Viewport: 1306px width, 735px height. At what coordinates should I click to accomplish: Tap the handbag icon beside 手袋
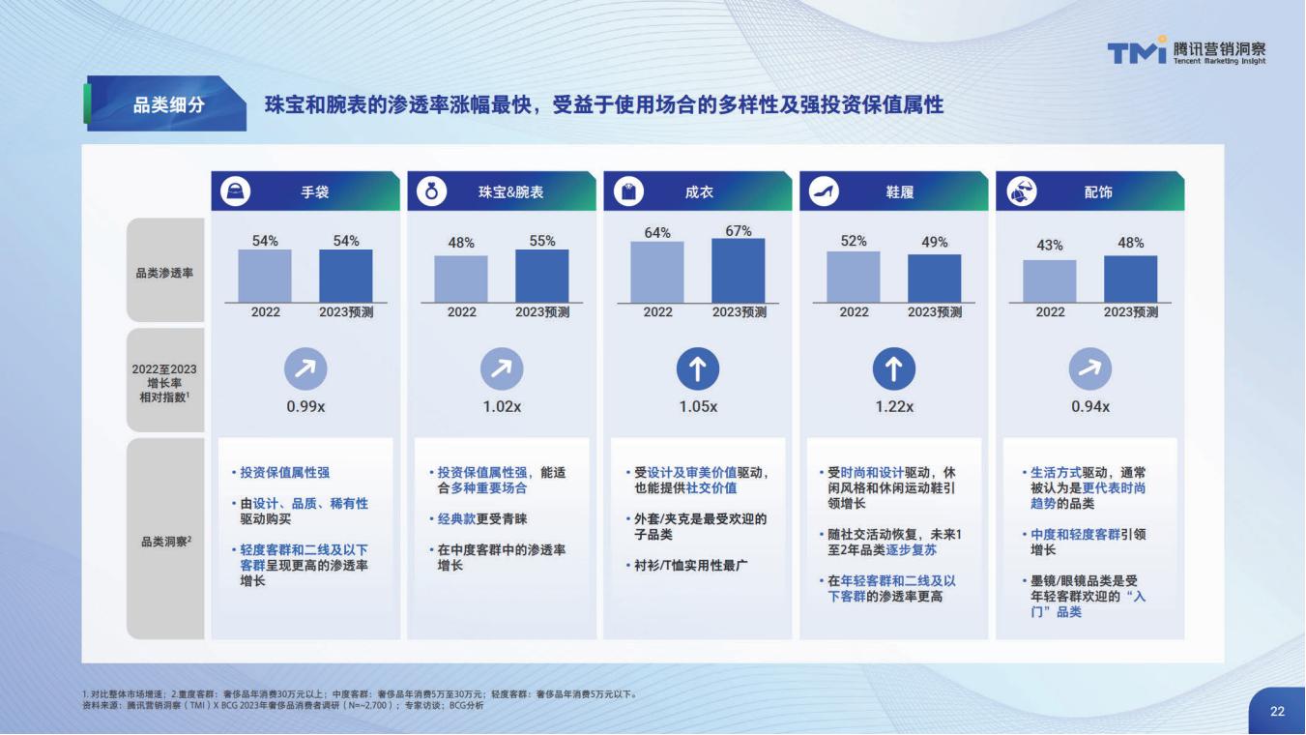coord(236,191)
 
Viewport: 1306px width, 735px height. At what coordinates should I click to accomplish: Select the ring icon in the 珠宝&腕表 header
coord(431,191)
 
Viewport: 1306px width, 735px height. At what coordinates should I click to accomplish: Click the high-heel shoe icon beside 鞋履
coord(824,191)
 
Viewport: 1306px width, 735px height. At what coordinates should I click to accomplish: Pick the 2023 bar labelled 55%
coord(541,276)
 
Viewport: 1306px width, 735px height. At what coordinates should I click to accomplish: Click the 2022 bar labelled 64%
coord(657,273)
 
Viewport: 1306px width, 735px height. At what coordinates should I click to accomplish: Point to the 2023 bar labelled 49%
coord(934,279)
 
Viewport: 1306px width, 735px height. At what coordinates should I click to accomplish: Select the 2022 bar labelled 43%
coord(1050,281)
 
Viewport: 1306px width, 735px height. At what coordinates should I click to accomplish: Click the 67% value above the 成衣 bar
coord(739,231)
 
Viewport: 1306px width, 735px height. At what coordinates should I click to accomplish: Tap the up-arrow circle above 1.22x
coord(894,368)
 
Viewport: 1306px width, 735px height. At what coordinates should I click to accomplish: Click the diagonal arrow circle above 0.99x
coord(305,368)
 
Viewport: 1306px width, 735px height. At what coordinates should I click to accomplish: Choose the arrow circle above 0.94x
coord(1090,368)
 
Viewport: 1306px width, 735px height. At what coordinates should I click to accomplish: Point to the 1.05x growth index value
coord(698,406)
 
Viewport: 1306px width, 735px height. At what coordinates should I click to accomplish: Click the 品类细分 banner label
coord(169,105)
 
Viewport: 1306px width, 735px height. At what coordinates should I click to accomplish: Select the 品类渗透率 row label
coord(164,273)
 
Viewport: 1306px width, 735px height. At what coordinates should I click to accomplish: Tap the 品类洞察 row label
coord(166,542)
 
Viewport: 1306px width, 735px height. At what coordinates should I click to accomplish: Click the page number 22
coord(1277,711)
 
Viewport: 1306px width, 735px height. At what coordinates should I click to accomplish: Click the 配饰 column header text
coord(1098,191)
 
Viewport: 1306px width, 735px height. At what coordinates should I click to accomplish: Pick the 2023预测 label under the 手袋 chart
coord(346,312)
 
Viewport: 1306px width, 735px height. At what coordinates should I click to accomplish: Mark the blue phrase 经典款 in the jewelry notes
coord(456,518)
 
